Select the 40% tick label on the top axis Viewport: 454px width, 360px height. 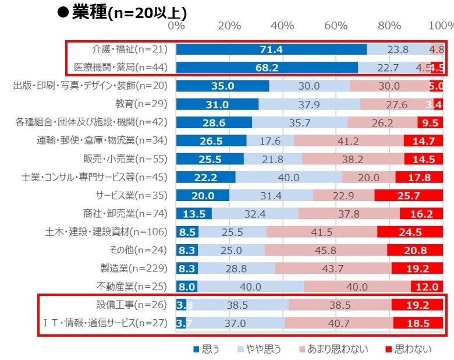point(282,26)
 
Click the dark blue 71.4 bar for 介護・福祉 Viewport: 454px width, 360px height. point(271,50)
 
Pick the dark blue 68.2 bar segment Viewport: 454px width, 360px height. point(267,68)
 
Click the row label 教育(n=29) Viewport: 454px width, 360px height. point(142,104)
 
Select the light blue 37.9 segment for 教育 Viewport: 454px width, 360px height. point(309,104)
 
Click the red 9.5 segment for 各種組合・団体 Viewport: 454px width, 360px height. point(431,122)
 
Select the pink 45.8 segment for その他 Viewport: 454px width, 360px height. point(325,250)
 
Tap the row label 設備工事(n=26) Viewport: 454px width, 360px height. point(132,305)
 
